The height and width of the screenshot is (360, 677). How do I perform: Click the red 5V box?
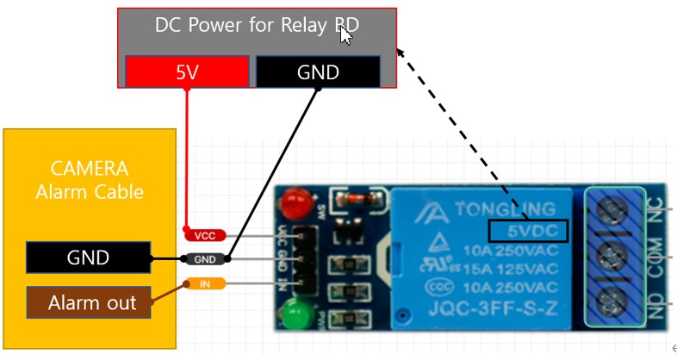pyautogui.click(x=187, y=71)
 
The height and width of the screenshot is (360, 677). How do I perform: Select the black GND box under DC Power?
pyautogui.click(x=318, y=71)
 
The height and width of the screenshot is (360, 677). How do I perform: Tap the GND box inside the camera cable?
pyautogui.click(x=88, y=257)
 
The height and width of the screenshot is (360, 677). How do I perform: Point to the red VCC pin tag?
pyautogui.click(x=205, y=234)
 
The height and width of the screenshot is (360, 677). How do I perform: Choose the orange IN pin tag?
pyautogui.click(x=205, y=283)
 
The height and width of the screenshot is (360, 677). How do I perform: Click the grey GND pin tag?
pyautogui.click(x=205, y=258)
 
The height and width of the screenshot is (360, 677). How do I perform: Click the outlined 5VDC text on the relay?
pyautogui.click(x=528, y=231)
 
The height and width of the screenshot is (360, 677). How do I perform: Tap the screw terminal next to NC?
pyautogui.click(x=615, y=210)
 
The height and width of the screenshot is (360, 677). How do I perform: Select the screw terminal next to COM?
pyautogui.click(x=615, y=256)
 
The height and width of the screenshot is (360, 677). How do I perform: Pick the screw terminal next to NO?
pyautogui.click(x=615, y=301)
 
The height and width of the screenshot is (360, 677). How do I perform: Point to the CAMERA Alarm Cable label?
pyautogui.click(x=89, y=180)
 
